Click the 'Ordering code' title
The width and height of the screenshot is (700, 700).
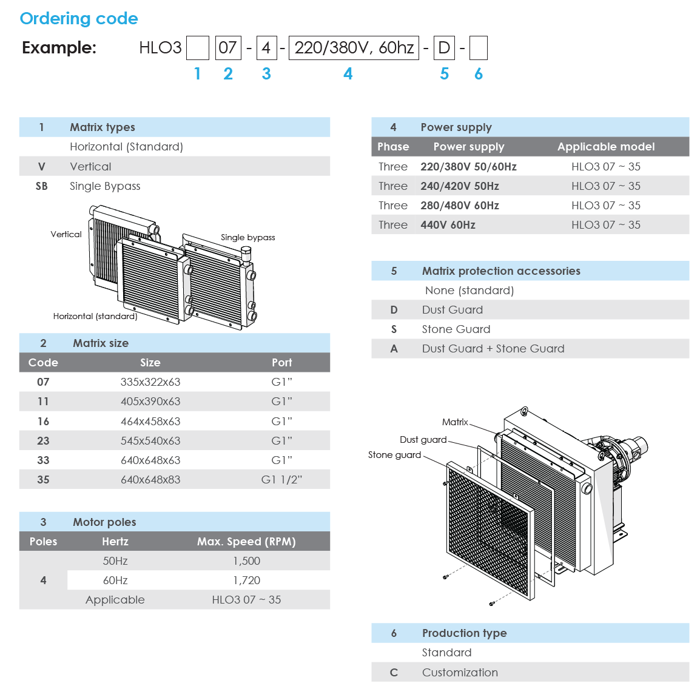click(x=79, y=19)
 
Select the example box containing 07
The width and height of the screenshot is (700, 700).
click(x=228, y=48)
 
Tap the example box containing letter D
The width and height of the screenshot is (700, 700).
click(x=444, y=48)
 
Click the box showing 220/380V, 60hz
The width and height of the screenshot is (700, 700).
click(x=354, y=48)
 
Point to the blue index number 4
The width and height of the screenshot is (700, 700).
click(x=348, y=74)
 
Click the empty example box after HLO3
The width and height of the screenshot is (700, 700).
click(x=198, y=48)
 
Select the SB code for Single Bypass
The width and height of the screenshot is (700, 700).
click(x=42, y=186)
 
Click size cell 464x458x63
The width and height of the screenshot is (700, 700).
click(x=150, y=422)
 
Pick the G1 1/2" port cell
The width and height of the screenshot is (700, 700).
click(x=281, y=480)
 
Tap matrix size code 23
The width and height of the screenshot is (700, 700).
click(x=43, y=441)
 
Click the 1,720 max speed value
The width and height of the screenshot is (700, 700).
click(x=246, y=581)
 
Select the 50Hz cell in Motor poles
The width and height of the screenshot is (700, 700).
click(x=115, y=561)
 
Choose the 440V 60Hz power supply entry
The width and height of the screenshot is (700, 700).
click(x=448, y=225)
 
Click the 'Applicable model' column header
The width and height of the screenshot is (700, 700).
click(x=605, y=147)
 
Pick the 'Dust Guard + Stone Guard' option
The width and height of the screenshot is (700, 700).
click(x=493, y=349)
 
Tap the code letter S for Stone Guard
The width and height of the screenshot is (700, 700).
click(x=394, y=329)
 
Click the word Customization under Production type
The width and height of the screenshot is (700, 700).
click(x=460, y=673)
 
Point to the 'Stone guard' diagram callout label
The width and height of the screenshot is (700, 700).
click(x=394, y=455)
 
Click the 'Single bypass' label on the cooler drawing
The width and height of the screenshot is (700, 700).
click(x=247, y=238)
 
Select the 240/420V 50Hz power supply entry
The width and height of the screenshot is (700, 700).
click(x=460, y=186)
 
